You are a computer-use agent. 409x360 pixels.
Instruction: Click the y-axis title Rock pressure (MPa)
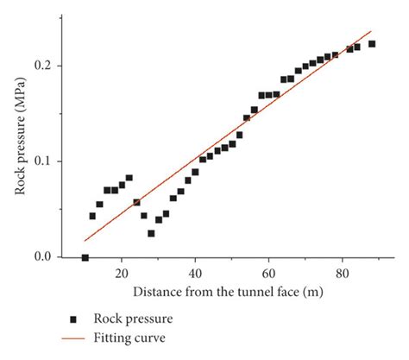(x=22, y=146)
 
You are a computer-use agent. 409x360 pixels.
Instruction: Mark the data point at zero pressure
(x=85, y=257)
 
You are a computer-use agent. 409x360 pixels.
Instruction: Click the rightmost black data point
(x=372, y=44)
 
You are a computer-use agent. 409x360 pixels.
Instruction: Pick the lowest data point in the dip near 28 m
(x=151, y=233)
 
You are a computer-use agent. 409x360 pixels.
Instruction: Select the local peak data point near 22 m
(x=129, y=178)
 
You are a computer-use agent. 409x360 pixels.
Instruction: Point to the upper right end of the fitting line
(x=371, y=31)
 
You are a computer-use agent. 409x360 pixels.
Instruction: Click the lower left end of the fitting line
(x=85, y=241)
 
